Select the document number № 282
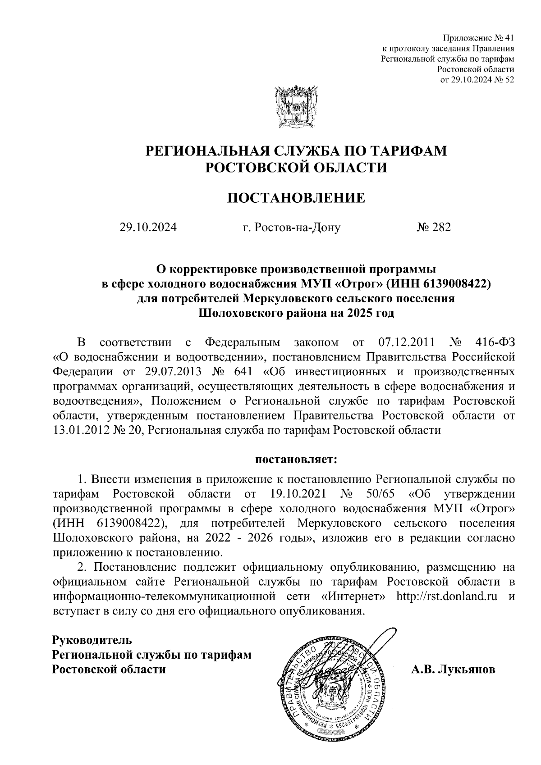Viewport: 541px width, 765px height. [433, 228]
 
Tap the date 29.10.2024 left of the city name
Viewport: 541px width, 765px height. [148, 228]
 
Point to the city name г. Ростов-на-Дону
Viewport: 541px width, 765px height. [291, 228]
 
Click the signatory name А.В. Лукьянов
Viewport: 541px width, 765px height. [453, 669]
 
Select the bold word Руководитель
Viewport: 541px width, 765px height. [92, 639]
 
